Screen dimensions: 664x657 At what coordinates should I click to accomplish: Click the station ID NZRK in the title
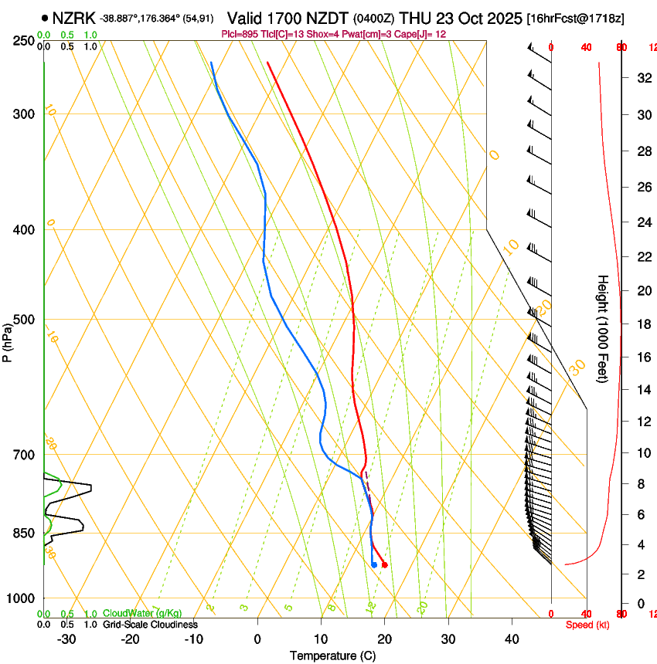pyautogui.click(x=74, y=18)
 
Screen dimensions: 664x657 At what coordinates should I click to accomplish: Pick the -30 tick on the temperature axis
pyautogui.click(x=66, y=639)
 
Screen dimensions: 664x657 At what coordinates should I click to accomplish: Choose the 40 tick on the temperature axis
pyautogui.click(x=511, y=639)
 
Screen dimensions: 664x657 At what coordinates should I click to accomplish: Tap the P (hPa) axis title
pyautogui.click(x=8, y=340)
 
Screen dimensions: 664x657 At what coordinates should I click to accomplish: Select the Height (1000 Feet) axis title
pyautogui.click(x=603, y=328)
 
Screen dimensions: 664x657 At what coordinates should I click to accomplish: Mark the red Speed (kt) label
pyautogui.click(x=587, y=625)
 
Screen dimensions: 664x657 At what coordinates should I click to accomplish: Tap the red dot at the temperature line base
pyautogui.click(x=384, y=565)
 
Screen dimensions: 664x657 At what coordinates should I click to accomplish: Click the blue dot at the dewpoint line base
pyautogui.click(x=374, y=565)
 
